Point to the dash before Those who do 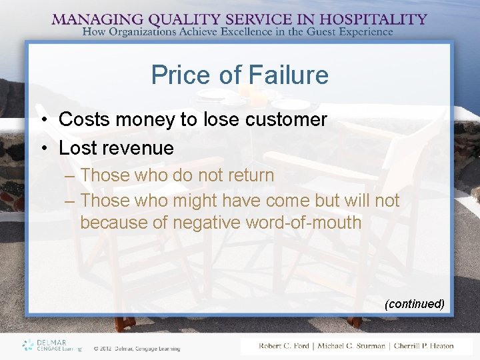pos(71,176)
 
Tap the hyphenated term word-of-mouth pos(303,223)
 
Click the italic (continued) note pos(414,304)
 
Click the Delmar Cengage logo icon pos(28,345)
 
